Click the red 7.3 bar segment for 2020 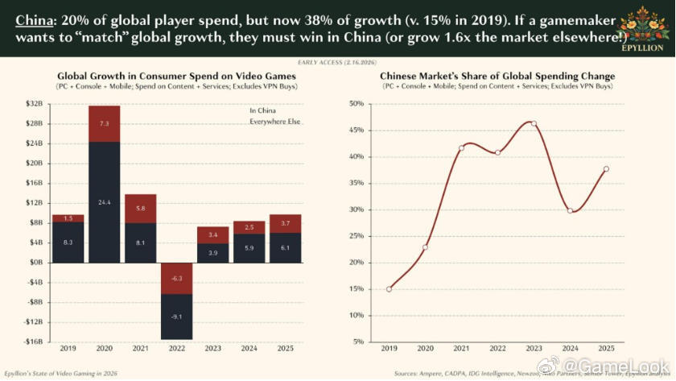pos(105,123)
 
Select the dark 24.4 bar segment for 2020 pos(105,201)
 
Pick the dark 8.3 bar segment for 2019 pos(68,242)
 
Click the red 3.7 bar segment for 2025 pos(286,223)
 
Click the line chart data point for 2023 pos(534,123)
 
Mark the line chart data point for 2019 pos(389,288)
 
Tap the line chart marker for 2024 pos(570,210)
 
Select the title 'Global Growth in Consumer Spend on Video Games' pos(175,76)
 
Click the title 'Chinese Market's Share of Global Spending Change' pos(497,76)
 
